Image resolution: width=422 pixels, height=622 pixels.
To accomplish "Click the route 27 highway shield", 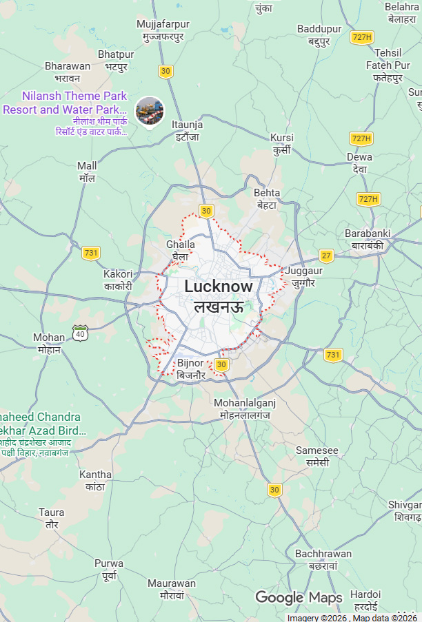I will pyautogui.click(x=326, y=256).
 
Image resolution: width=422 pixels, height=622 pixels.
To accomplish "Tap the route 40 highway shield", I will pyautogui.click(x=81, y=334).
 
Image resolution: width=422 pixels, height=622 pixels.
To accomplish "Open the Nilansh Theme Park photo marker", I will pyautogui.click(x=150, y=110).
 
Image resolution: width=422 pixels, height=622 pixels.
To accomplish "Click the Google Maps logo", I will pyautogui.click(x=299, y=597).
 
